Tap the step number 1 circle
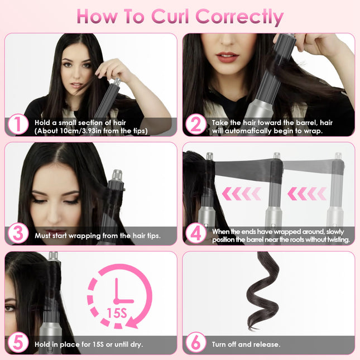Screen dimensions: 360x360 (x=18, y=124)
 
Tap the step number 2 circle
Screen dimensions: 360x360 (x=195, y=124)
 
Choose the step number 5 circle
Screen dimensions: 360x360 (x=18, y=343)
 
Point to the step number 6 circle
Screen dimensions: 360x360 (x=195, y=343)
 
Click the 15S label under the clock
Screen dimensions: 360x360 (x=117, y=323)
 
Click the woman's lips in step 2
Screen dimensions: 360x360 (x=228, y=57)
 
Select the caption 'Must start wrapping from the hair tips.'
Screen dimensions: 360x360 (x=98, y=236)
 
